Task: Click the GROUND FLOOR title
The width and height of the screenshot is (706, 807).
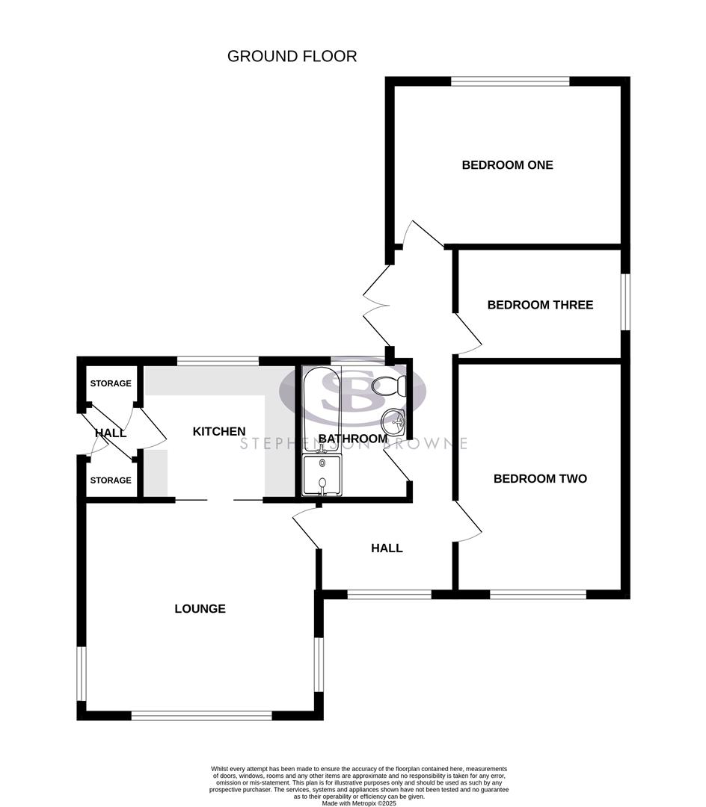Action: click(292, 56)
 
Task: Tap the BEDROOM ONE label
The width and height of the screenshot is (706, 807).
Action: click(507, 165)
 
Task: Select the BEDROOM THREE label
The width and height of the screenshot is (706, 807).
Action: click(540, 305)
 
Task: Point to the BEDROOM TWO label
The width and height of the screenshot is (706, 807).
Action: click(540, 479)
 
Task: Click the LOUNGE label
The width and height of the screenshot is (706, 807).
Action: click(200, 609)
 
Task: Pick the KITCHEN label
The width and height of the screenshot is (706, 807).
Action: click(219, 432)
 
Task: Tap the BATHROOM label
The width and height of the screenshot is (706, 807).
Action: click(352, 439)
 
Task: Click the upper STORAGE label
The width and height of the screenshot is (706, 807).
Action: click(111, 383)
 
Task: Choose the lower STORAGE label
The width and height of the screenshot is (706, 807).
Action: click(111, 480)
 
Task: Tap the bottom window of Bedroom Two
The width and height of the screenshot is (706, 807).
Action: click(538, 595)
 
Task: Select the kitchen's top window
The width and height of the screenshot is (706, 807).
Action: click(218, 362)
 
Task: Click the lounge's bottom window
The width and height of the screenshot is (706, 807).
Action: click(201, 716)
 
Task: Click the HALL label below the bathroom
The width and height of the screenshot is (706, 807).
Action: click(387, 548)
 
